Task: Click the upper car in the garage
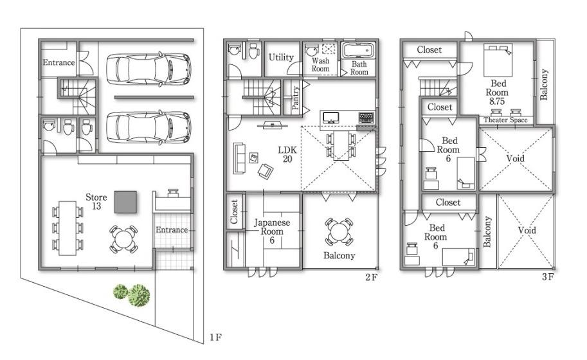pyautogui.click(x=148, y=68)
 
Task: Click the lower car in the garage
pyautogui.click(x=148, y=127)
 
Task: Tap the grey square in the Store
pyautogui.click(x=125, y=202)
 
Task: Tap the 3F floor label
pyautogui.click(x=547, y=278)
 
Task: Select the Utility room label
pyautogui.click(x=281, y=57)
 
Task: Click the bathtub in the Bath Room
pyautogui.click(x=359, y=51)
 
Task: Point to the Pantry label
pyautogui.click(x=296, y=100)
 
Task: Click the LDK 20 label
pyautogui.click(x=286, y=154)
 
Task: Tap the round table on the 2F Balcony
pyautogui.click(x=338, y=231)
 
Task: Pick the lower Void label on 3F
pyautogui.click(x=527, y=230)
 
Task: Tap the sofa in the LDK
pyautogui.click(x=240, y=158)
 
